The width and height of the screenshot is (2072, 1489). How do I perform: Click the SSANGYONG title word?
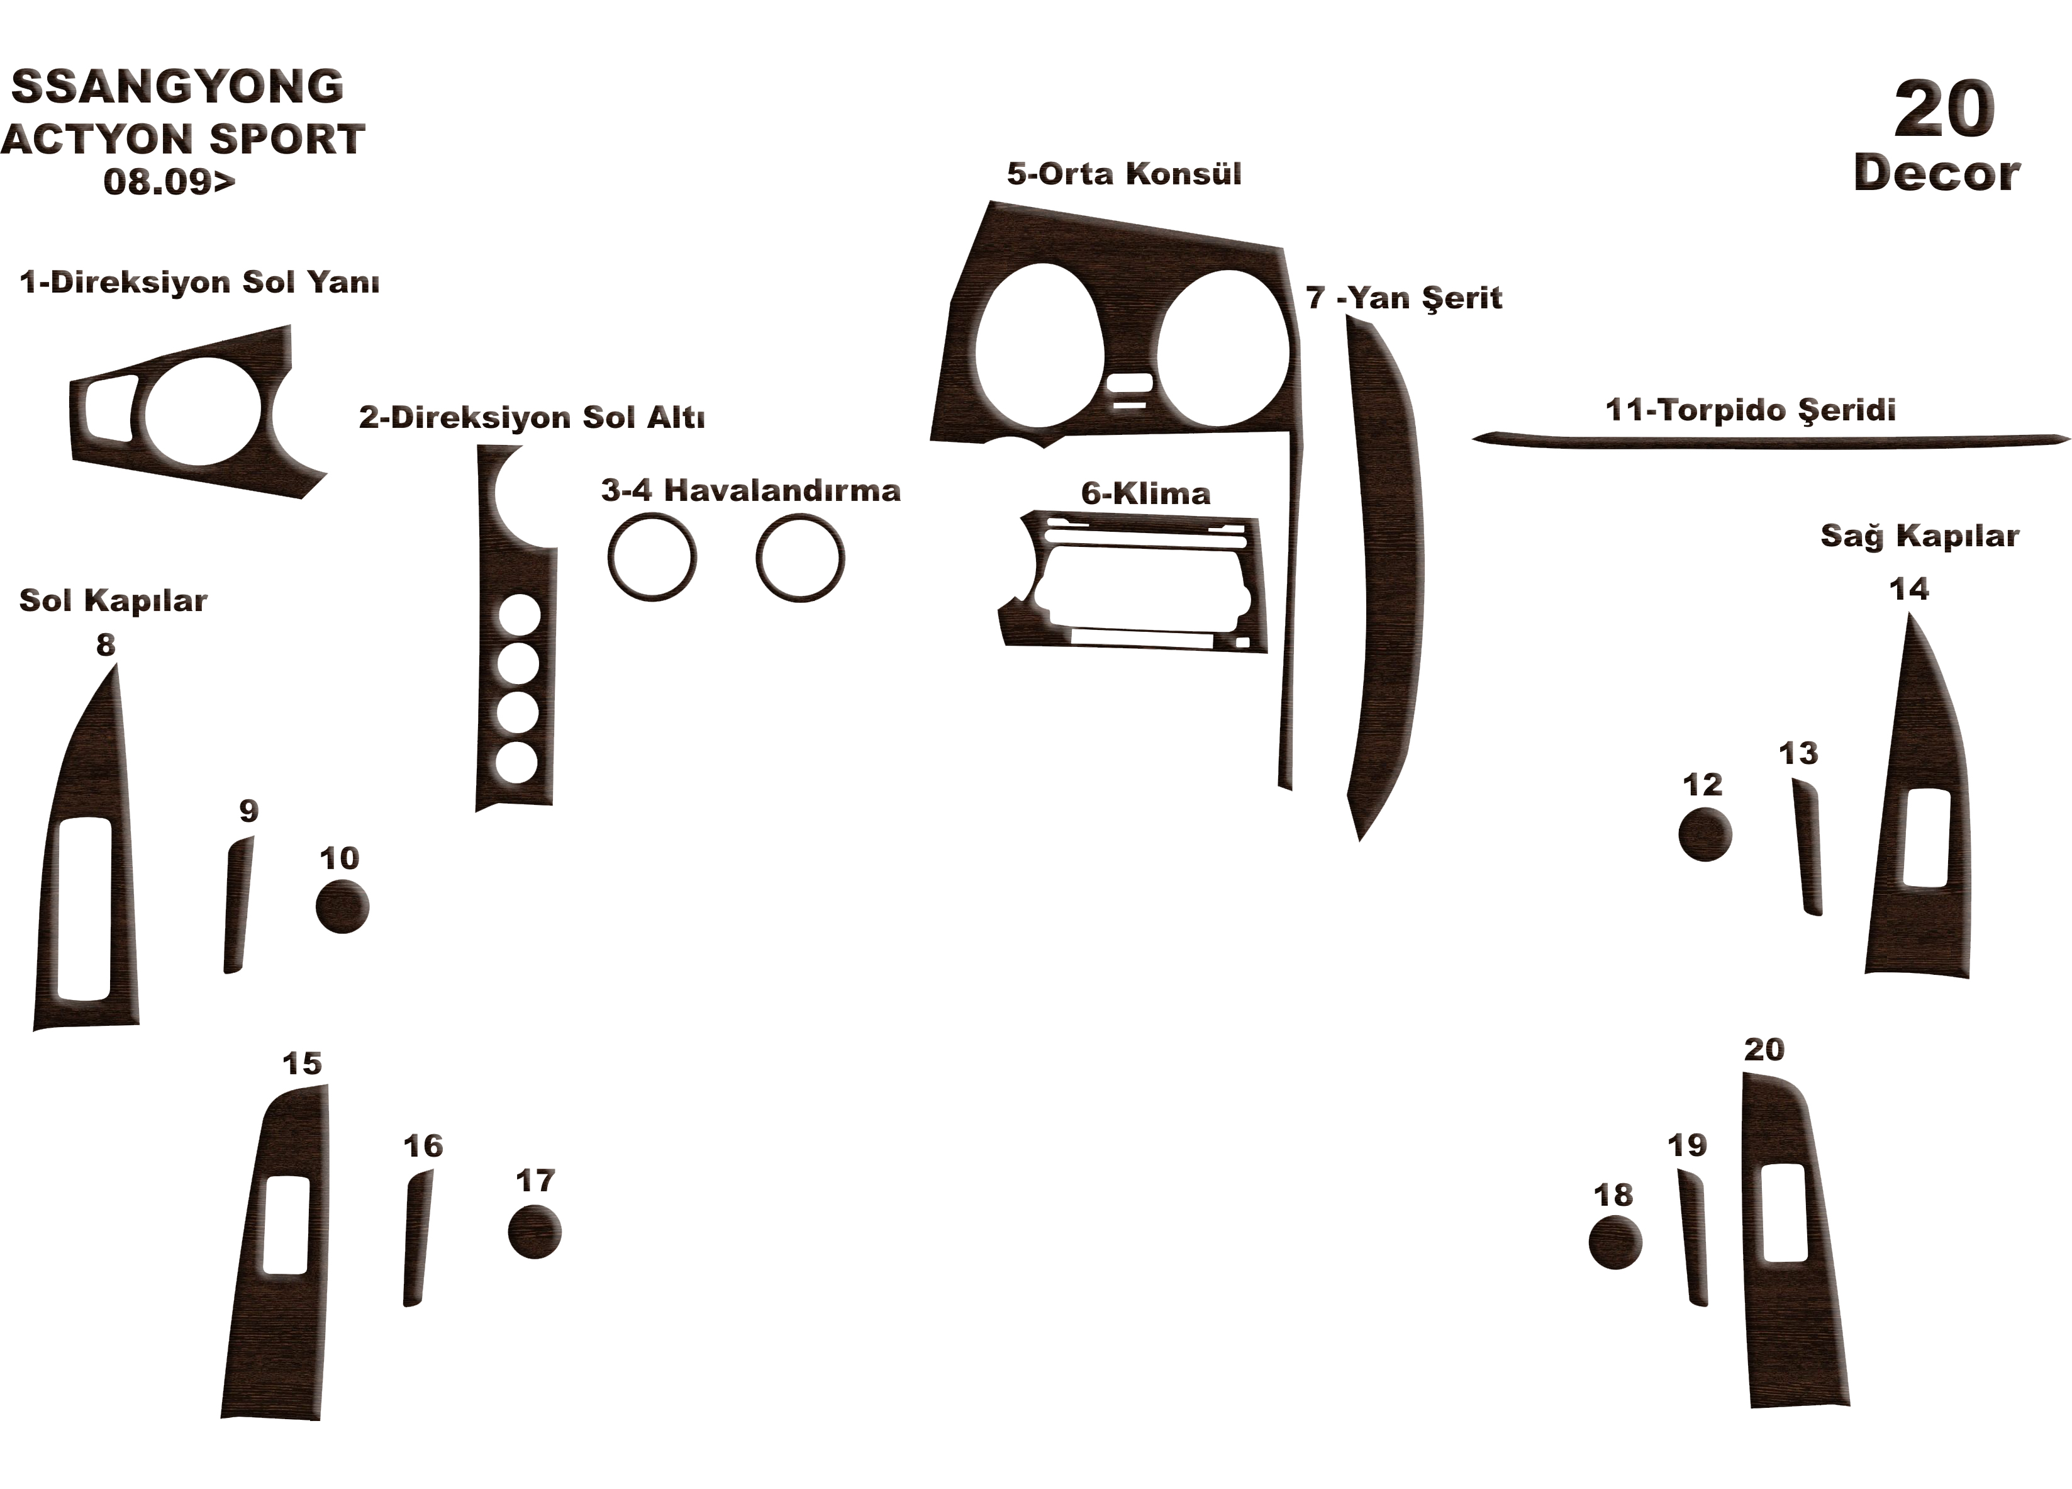[177, 87]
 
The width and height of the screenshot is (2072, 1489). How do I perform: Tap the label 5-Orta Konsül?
[1123, 174]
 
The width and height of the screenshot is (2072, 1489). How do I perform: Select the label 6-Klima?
[1145, 493]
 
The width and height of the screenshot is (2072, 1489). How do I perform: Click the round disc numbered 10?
[342, 907]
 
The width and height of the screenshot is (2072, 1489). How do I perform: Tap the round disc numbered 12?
[1705, 834]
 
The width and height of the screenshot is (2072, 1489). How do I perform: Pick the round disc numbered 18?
[1615, 1243]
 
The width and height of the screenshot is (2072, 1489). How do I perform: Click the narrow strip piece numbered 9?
[238, 905]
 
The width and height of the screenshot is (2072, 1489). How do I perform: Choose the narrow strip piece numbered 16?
[418, 1239]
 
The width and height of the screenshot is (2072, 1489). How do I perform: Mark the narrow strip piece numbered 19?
[1693, 1238]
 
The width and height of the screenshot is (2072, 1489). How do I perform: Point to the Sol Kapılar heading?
[113, 600]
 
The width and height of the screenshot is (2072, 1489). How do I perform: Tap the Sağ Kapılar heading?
[1919, 536]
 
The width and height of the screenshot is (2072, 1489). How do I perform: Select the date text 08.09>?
[169, 181]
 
